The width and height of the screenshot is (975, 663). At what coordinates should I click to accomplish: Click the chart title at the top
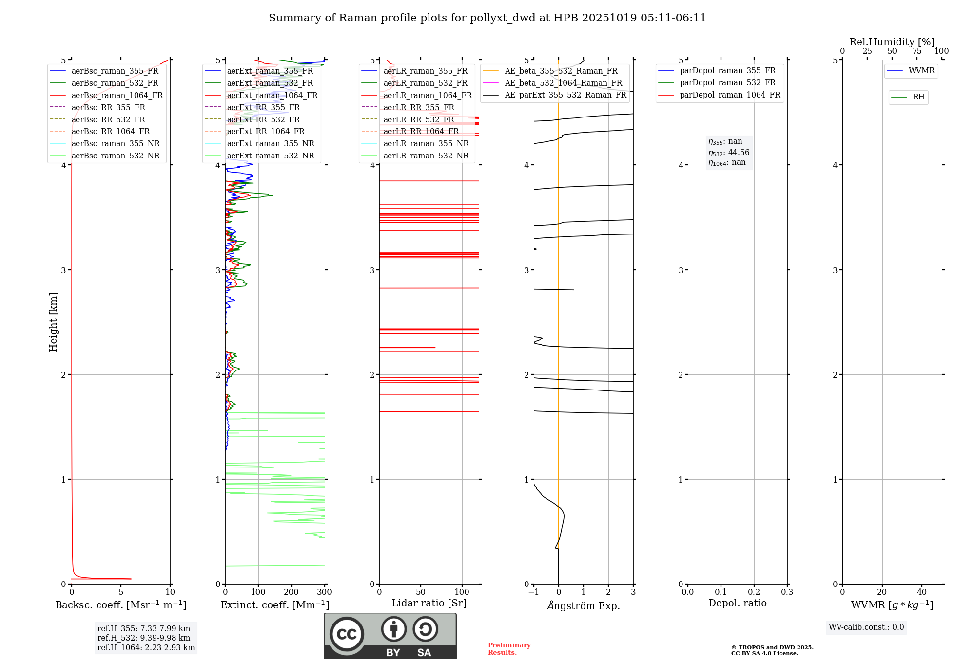point(487,18)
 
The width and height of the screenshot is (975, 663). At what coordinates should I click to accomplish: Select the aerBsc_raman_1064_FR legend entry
point(117,95)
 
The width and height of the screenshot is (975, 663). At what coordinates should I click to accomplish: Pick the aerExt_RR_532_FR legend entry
point(263,119)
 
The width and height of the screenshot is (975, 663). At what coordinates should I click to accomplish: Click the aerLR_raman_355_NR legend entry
point(426,143)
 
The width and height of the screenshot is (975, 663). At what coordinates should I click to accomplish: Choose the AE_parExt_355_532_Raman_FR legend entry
point(565,95)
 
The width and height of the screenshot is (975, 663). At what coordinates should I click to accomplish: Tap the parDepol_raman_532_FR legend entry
point(727,82)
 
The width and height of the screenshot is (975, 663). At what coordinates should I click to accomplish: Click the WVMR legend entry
point(921,71)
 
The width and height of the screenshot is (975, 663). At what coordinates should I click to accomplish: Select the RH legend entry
point(918,97)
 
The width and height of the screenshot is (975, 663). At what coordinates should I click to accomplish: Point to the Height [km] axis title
point(53,322)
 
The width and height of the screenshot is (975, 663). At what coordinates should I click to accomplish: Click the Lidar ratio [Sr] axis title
point(429,603)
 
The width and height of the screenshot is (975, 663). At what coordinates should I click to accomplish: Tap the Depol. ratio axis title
point(737,603)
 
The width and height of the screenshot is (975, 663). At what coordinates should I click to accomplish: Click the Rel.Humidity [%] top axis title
point(892,42)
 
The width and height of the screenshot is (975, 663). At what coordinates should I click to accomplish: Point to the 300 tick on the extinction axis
point(324,592)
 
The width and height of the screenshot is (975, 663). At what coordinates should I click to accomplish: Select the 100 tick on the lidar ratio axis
point(462,592)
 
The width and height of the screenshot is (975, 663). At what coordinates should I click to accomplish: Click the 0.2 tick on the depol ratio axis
point(754,592)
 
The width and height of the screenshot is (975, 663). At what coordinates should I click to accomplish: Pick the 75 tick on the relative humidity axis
point(916,51)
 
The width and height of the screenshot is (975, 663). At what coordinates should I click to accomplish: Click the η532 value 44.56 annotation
point(729,152)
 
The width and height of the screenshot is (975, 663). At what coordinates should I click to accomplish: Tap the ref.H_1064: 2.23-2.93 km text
point(146,647)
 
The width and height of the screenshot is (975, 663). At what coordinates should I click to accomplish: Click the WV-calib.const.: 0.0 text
point(866,627)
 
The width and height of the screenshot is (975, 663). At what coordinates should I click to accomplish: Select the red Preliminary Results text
point(509,649)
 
